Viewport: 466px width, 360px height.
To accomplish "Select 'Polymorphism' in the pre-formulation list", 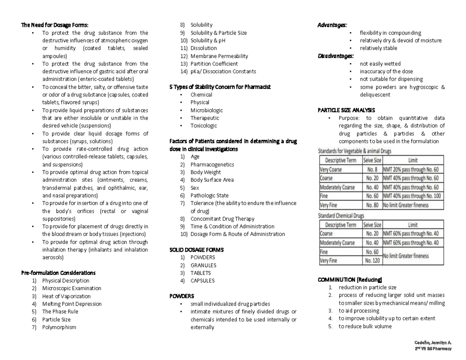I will point(59,327).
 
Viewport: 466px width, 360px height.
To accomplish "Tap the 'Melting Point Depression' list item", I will point(72,304).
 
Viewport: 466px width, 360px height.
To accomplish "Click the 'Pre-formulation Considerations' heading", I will point(58,273).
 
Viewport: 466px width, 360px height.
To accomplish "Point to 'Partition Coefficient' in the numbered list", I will point(214,64).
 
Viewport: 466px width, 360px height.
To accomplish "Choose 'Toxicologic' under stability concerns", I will point(203,125).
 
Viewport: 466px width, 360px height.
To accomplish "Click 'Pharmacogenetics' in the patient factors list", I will point(212,164).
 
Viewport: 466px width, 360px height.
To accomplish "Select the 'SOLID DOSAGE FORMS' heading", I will point(196,250).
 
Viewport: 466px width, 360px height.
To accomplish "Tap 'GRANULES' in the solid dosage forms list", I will point(203,265).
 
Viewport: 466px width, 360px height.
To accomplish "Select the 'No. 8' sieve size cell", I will point(372,169).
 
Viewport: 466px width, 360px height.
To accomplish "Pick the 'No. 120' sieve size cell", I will point(372,261).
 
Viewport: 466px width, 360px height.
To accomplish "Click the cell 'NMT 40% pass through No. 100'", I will point(412,196).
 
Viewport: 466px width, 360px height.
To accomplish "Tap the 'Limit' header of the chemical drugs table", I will point(412,224).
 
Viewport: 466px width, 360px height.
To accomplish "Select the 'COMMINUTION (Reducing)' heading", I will point(350,280).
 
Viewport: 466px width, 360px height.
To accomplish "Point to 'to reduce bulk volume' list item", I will point(365,326).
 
